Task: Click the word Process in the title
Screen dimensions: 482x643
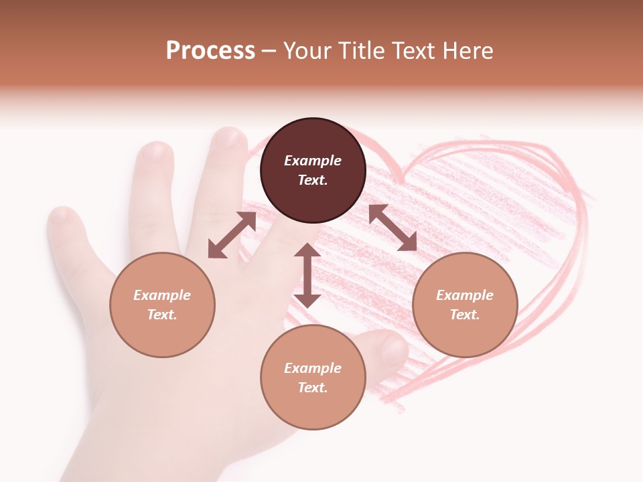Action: pyautogui.click(x=210, y=51)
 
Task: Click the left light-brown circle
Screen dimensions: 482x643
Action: pyautogui.click(x=162, y=305)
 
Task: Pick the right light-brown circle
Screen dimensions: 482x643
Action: pyautogui.click(x=465, y=305)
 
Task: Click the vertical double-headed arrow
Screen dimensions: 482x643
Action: pyautogui.click(x=307, y=275)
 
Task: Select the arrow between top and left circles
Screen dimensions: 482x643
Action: pyautogui.click(x=232, y=235)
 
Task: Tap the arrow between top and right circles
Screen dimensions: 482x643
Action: pyautogui.click(x=392, y=228)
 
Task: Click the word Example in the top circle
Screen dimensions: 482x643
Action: pyautogui.click(x=313, y=161)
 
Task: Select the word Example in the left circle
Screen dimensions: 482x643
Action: pyautogui.click(x=162, y=295)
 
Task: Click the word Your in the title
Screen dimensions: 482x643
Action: pyautogui.click(x=307, y=51)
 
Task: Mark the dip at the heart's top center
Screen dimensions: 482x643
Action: pyautogui.click(x=400, y=179)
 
